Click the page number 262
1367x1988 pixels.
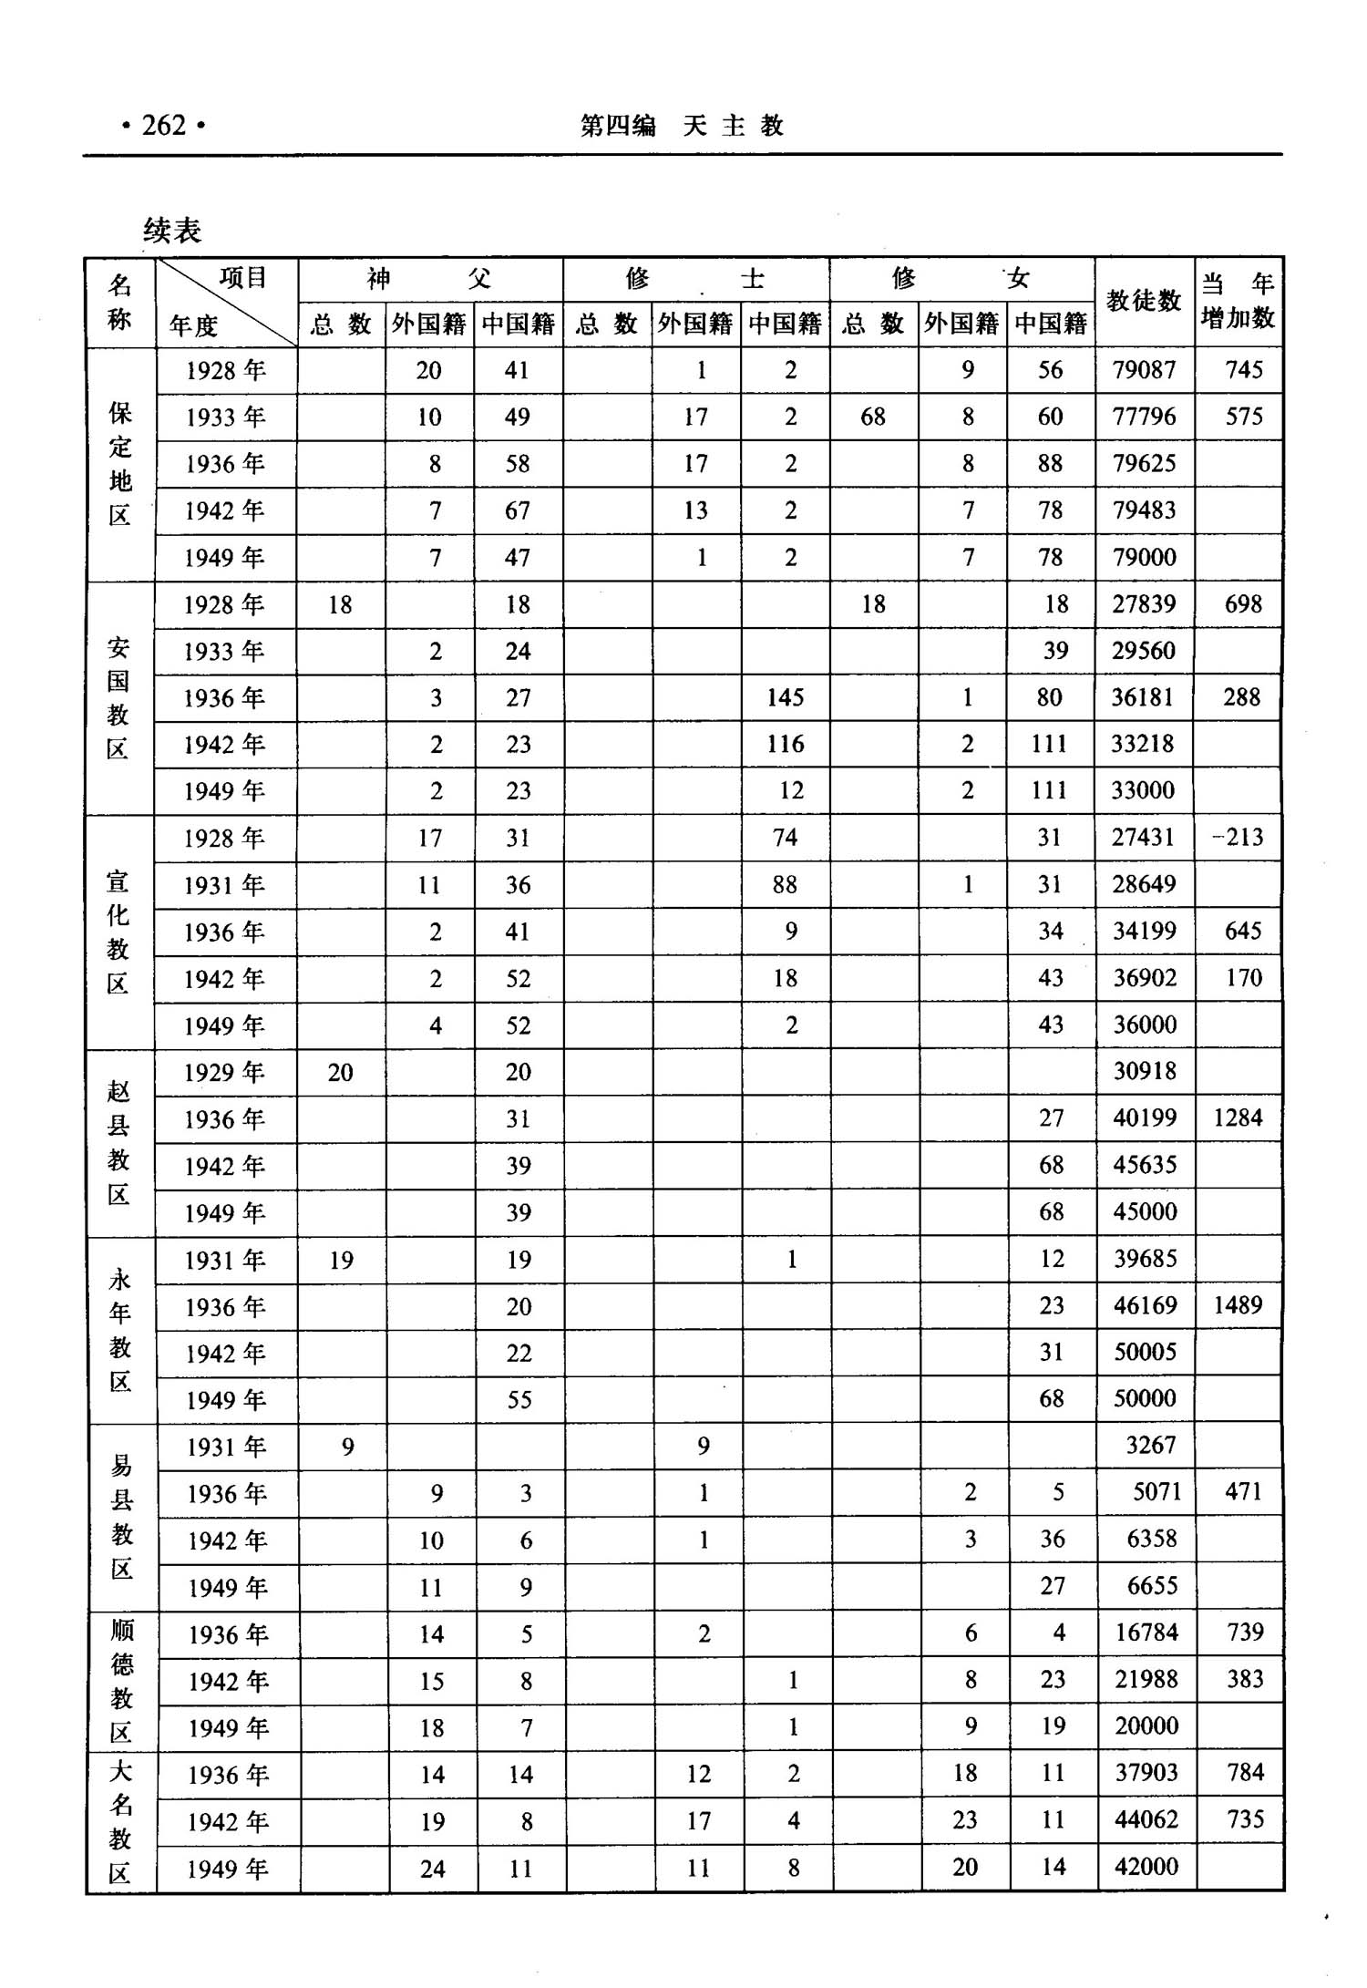pyautogui.click(x=164, y=125)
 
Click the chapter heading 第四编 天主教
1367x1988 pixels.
pyautogui.click(x=682, y=126)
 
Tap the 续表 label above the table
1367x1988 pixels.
pyautogui.click(x=172, y=231)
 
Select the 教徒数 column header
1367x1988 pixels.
pyautogui.click(x=1144, y=301)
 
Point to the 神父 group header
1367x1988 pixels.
pyautogui.click(x=429, y=278)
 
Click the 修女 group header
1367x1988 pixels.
pyautogui.click(x=961, y=278)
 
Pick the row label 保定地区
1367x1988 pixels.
pyautogui.click(x=120, y=464)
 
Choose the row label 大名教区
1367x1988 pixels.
pyautogui.click(x=121, y=1821)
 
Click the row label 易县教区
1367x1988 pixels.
pyautogui.click(x=121, y=1517)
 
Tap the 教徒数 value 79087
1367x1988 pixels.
pyautogui.click(x=1144, y=370)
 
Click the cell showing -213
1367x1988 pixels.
pyautogui.click(x=1239, y=838)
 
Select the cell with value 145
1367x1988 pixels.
pyautogui.click(x=785, y=698)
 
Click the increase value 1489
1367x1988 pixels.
pyautogui.click(x=1238, y=1305)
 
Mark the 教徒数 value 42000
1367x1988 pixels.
pyautogui.click(x=1146, y=1866)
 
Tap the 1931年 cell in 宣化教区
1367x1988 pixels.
pyautogui.click(x=224, y=885)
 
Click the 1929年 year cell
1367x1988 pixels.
pyautogui.click(x=224, y=1073)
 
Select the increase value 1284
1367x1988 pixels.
pyautogui.click(x=1238, y=1118)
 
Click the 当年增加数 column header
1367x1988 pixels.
pyautogui.click(x=1238, y=301)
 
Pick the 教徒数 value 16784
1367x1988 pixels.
pyautogui.click(x=1146, y=1633)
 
